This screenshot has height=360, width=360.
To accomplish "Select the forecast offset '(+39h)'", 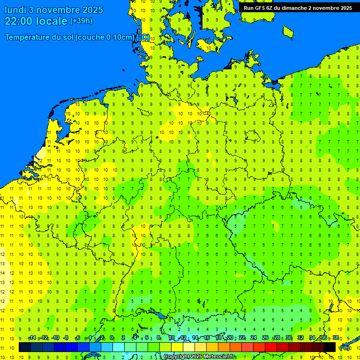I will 81,21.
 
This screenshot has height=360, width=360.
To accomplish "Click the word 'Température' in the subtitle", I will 30,37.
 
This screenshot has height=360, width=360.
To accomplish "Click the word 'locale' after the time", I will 52,21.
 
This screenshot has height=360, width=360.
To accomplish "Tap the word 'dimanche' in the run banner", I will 295,8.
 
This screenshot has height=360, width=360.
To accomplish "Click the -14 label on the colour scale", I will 32,338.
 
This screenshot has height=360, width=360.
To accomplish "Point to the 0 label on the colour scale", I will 112,338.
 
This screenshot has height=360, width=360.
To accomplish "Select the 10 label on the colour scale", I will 172,338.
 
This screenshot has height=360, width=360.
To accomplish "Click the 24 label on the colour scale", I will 254,338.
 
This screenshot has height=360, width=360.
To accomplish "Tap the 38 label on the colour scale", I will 336,338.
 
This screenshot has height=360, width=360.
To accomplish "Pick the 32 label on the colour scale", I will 300,338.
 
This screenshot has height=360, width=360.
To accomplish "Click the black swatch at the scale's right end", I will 330,347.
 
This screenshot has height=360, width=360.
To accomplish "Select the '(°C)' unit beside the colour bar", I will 345,348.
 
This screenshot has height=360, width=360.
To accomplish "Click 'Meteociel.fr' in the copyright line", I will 219,357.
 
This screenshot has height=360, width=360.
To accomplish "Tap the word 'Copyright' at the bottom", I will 177,357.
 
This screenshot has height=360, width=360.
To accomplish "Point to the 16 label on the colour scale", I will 207,338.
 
